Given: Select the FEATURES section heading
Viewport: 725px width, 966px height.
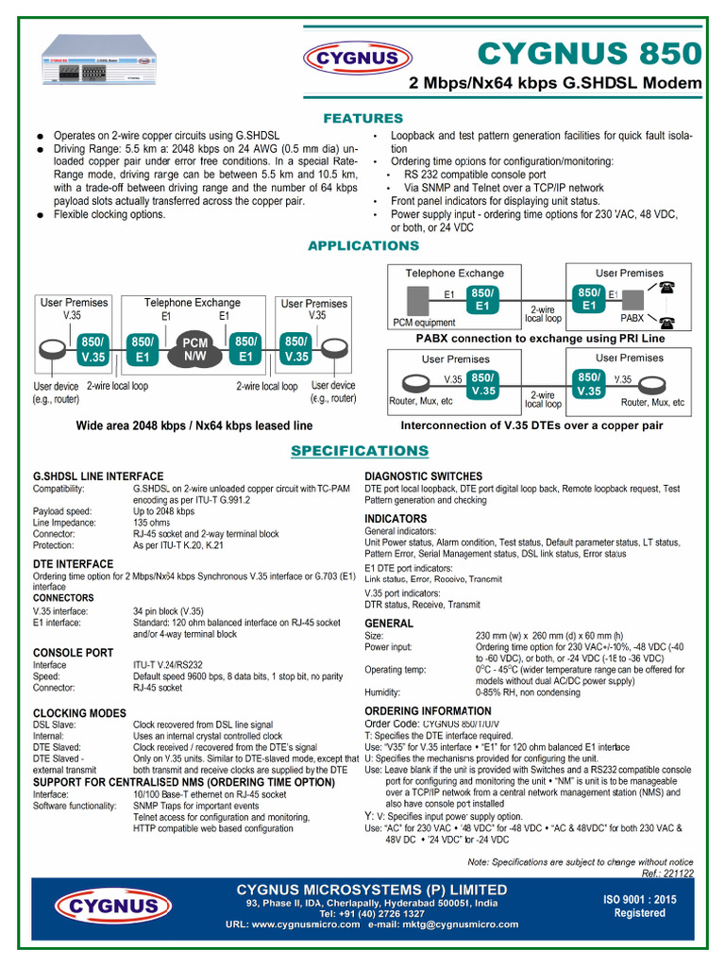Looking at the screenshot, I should click(362, 119).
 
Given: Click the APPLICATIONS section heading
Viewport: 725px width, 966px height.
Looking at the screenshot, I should click(363, 246).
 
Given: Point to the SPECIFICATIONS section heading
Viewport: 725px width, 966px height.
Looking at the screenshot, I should click(360, 451).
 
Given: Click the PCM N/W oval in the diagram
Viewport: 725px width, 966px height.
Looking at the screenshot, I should click(194, 349).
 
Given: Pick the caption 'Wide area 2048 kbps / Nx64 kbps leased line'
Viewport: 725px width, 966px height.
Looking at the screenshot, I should click(194, 426).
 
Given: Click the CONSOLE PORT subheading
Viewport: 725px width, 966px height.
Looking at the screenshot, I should click(74, 653).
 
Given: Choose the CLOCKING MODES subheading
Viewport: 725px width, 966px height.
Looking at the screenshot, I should click(80, 712).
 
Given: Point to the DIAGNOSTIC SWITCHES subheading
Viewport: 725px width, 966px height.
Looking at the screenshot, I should click(423, 476).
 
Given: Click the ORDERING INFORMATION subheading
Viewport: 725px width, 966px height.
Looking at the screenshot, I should click(428, 710).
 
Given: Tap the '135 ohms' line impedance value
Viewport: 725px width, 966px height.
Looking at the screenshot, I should click(152, 522).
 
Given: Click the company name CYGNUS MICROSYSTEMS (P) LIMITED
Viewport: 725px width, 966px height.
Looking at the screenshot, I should click(371, 890).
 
